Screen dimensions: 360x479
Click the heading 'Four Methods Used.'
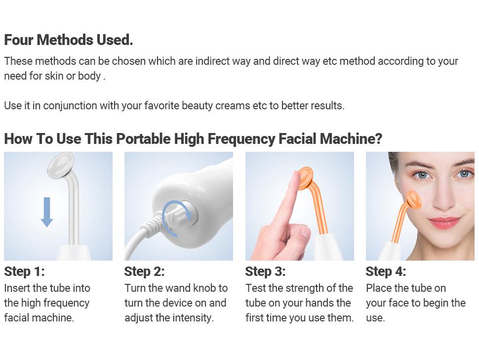coord(68,40)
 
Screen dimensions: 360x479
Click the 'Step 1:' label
coord(24,271)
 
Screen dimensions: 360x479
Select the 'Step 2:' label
coord(144,271)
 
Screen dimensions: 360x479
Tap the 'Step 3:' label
coord(265,271)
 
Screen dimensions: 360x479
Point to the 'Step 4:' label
coord(386,271)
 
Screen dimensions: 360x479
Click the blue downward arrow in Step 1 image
coord(47,212)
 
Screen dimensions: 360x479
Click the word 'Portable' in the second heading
coord(143,139)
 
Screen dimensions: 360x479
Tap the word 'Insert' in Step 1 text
coord(17,288)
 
